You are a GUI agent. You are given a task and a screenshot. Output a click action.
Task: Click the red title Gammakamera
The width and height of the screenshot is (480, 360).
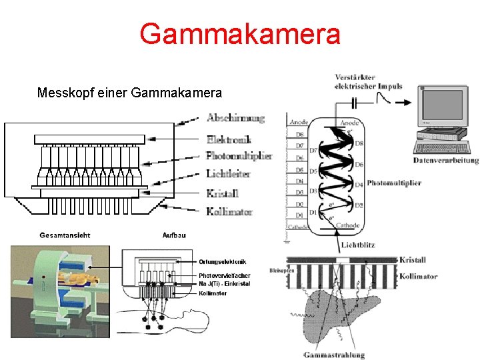click(x=240, y=34)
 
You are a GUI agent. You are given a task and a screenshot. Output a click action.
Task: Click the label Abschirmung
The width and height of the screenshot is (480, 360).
click(x=235, y=119)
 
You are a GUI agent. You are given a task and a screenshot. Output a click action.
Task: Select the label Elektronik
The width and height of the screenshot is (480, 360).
click(x=229, y=140)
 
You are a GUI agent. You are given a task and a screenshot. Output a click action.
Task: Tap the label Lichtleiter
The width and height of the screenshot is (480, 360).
click(x=228, y=173)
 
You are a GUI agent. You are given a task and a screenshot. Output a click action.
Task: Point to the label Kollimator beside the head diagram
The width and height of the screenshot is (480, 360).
click(x=229, y=211)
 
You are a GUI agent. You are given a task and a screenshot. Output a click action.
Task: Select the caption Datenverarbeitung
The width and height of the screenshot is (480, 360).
click(x=445, y=160)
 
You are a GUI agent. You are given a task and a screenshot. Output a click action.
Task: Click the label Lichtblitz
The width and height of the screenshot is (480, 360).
click(x=357, y=245)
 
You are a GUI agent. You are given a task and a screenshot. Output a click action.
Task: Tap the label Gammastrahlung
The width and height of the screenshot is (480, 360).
click(x=333, y=355)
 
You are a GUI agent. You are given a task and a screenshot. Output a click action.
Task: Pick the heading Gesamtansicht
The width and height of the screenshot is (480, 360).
click(x=65, y=235)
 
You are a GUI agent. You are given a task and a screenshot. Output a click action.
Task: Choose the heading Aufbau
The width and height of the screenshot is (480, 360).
click(x=174, y=235)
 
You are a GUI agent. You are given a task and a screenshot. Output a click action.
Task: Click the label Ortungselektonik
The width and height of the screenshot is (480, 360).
click(x=223, y=261)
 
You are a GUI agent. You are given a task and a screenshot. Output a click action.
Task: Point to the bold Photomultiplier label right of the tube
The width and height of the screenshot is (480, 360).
click(x=393, y=183)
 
